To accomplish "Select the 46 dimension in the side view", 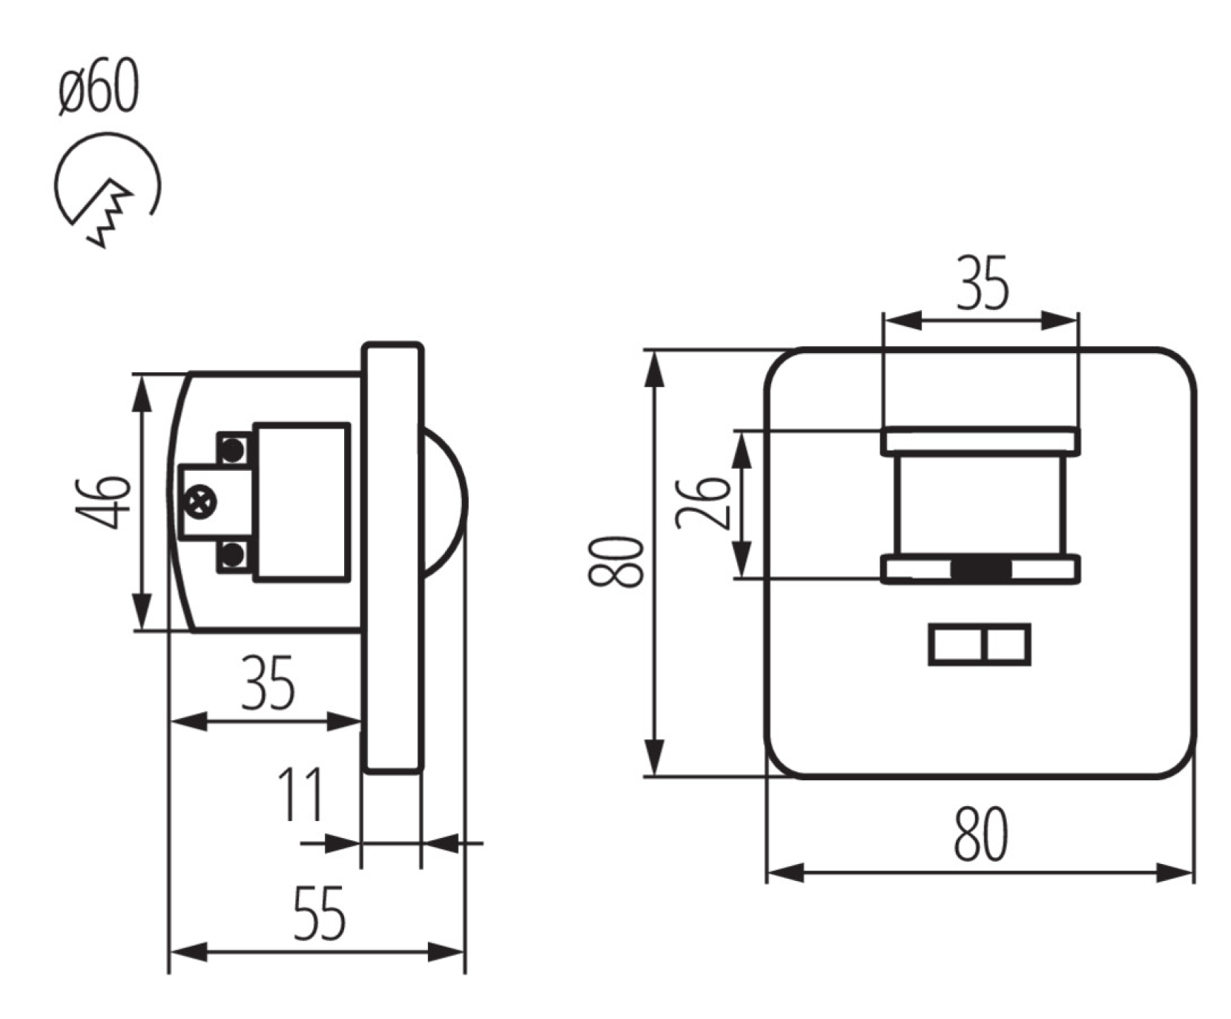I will (105, 502).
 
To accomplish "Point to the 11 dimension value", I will (300, 794).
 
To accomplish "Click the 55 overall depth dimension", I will (320, 913).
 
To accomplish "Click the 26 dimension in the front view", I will (704, 502).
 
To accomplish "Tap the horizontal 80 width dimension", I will (980, 834).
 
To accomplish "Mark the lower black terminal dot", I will (234, 553).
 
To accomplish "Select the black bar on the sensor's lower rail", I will (981, 570).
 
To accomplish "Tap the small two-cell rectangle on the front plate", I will (980, 644).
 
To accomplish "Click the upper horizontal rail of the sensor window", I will (980, 441).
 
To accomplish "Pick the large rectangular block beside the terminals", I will (302, 502).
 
